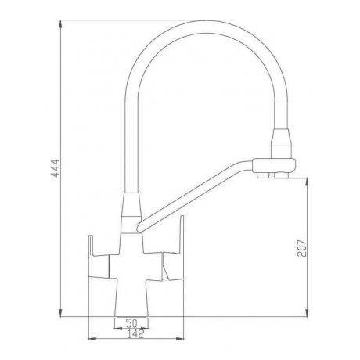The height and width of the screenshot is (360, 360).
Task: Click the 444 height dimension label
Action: (x=56, y=168)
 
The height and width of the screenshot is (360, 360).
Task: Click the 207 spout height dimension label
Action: (x=302, y=248)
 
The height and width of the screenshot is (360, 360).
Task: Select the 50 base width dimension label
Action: (x=131, y=323)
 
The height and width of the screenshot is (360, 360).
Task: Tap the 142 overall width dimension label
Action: (x=136, y=334)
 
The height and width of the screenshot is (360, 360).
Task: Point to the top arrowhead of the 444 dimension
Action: (x=60, y=24)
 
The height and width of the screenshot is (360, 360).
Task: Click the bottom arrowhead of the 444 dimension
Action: (x=60, y=313)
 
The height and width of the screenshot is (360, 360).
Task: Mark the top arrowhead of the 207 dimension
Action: (x=308, y=182)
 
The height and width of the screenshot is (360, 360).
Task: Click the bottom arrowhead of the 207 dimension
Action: (x=308, y=313)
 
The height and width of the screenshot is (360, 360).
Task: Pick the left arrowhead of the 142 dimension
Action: (x=93, y=339)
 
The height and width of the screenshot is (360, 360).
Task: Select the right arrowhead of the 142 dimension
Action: (x=180, y=339)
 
